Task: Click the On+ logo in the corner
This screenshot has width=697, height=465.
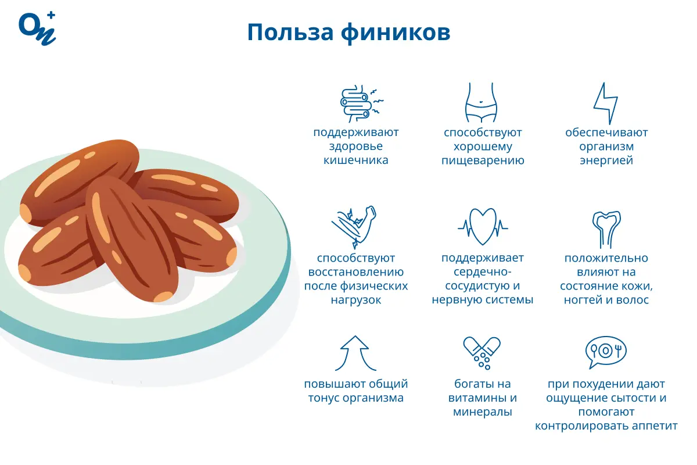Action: tap(37, 27)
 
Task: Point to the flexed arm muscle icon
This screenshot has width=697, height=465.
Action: tap(355, 226)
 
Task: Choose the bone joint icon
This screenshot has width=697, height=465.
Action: tap(606, 227)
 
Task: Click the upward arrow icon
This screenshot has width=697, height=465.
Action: tap(355, 353)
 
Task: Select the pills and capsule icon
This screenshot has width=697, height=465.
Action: tap(482, 352)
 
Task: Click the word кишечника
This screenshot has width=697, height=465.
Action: tap(356, 160)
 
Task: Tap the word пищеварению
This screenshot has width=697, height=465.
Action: tap(483, 160)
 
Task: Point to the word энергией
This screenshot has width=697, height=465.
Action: tap(606, 160)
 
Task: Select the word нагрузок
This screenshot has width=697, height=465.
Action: tap(356, 301)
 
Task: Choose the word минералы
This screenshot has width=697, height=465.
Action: tap(483, 412)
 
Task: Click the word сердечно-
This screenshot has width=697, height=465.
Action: tap(483, 272)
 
